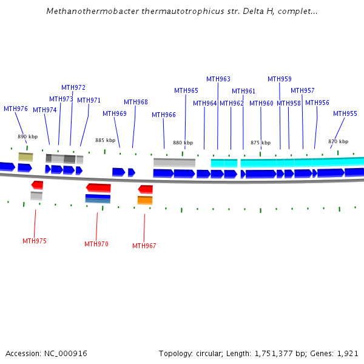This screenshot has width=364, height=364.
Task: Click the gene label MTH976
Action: [16, 109]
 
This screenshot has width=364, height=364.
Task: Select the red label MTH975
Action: [35, 241]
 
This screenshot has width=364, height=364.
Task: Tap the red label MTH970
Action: [96, 244]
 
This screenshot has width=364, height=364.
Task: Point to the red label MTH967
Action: [144, 246]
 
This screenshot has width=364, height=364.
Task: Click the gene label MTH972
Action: [73, 87]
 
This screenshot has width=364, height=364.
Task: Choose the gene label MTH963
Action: [218, 79]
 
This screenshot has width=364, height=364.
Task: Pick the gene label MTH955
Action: [345, 113]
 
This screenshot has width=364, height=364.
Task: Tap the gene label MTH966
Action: [164, 115]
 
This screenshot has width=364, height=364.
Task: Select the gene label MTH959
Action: [280, 79]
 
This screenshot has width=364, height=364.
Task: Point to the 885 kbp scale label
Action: [105, 140]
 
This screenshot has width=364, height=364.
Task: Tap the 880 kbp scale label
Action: [183, 143]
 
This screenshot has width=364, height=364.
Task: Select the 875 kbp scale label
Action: [260, 143]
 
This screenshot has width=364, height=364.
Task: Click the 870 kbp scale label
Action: [338, 141]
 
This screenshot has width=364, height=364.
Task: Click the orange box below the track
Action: [145, 200]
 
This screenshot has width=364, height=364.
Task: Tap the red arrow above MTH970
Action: [99, 187]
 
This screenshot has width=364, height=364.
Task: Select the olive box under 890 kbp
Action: [25, 157]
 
